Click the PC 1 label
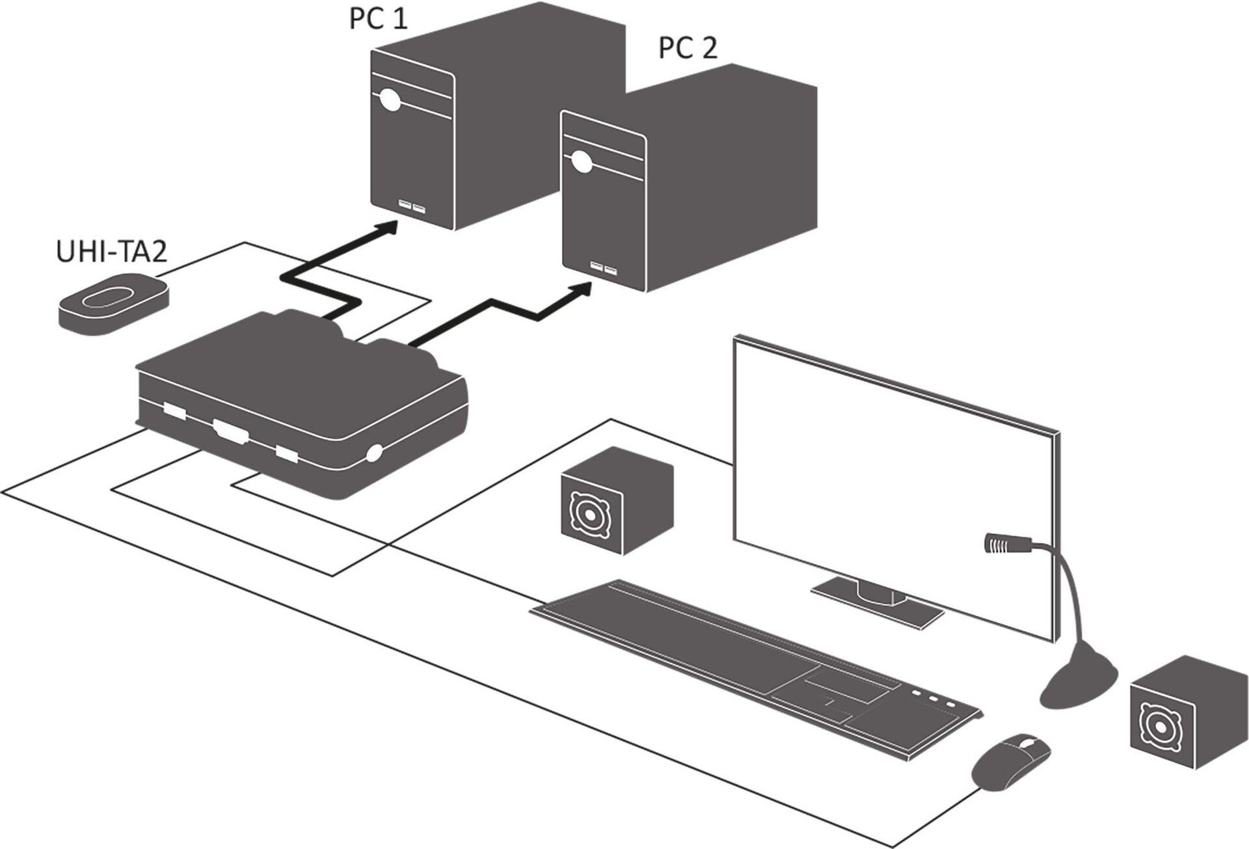(x=378, y=18)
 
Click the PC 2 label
(x=688, y=48)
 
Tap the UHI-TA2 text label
(x=111, y=252)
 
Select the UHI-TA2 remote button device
(x=113, y=303)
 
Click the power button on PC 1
(x=390, y=100)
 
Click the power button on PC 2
(x=581, y=161)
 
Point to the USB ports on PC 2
(x=603, y=268)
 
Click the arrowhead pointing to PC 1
(x=388, y=228)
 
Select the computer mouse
(x=1011, y=761)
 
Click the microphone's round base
(x=1078, y=684)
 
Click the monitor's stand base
(x=878, y=603)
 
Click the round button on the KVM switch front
(x=374, y=453)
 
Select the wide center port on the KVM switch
(x=231, y=431)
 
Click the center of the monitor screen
(x=894, y=485)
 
